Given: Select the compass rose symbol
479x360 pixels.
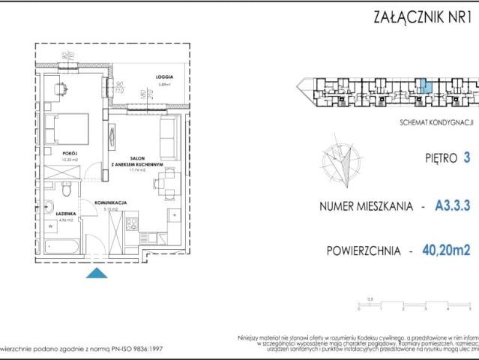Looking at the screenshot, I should pos(337,162).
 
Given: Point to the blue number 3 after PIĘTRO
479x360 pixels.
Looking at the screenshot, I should pos(467,158).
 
